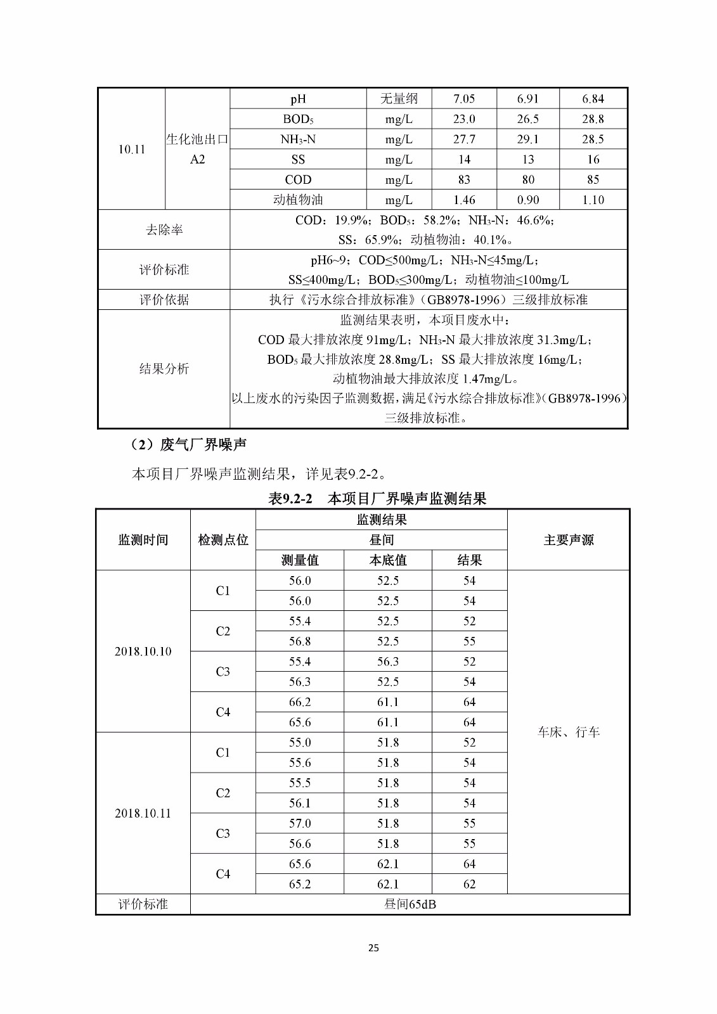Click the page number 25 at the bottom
(x=373, y=947)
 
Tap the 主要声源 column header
(x=569, y=540)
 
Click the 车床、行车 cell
(x=569, y=732)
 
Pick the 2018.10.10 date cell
(x=143, y=651)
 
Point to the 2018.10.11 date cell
(x=143, y=813)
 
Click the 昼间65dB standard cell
(x=410, y=904)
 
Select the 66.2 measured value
(x=300, y=702)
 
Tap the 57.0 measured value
(x=300, y=823)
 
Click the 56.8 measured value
(x=300, y=641)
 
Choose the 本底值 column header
(x=388, y=560)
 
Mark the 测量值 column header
(x=300, y=560)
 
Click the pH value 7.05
(x=464, y=99)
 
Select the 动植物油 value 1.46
(x=464, y=200)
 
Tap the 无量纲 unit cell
(x=399, y=99)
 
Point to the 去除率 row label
(x=164, y=230)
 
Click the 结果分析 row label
(x=164, y=369)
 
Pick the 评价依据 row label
(x=164, y=300)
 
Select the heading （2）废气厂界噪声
(x=188, y=445)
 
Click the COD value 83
(x=464, y=180)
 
